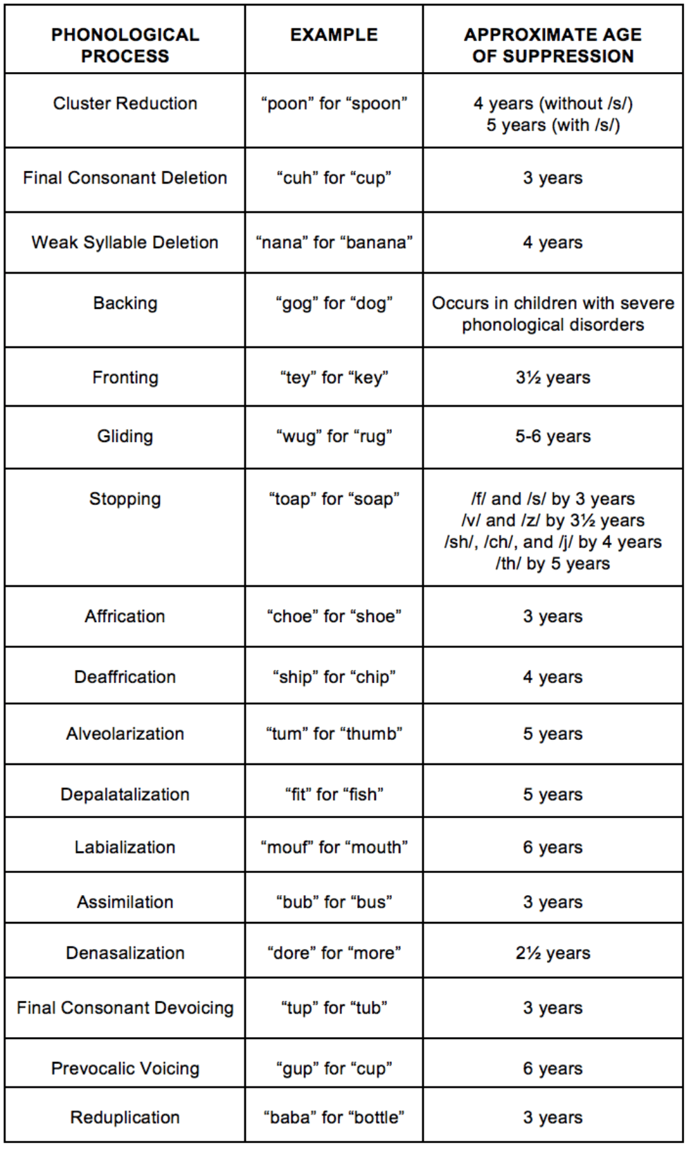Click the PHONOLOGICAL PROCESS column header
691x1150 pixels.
(x=125, y=45)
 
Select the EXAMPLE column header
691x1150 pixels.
(x=334, y=35)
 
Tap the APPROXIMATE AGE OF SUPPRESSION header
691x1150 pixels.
(x=553, y=45)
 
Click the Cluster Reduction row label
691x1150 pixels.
(x=125, y=103)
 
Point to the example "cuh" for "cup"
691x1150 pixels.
(x=334, y=178)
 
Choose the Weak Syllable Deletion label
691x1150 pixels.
(x=125, y=242)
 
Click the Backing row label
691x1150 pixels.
(x=125, y=303)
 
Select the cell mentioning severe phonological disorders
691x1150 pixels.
(x=553, y=314)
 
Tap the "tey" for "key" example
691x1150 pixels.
(x=334, y=378)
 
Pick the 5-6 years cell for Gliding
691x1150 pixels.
(x=553, y=436)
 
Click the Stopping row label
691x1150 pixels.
(x=125, y=499)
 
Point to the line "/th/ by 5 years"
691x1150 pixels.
(x=553, y=564)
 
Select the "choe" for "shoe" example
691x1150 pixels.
(x=334, y=617)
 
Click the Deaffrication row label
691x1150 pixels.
(x=125, y=677)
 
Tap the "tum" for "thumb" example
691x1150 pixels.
(x=334, y=734)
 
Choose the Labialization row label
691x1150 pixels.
(x=125, y=847)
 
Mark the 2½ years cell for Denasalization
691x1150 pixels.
(x=553, y=953)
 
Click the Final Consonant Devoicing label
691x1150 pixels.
(x=125, y=1008)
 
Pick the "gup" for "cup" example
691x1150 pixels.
(x=334, y=1068)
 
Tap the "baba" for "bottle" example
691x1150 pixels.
(x=334, y=1117)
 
